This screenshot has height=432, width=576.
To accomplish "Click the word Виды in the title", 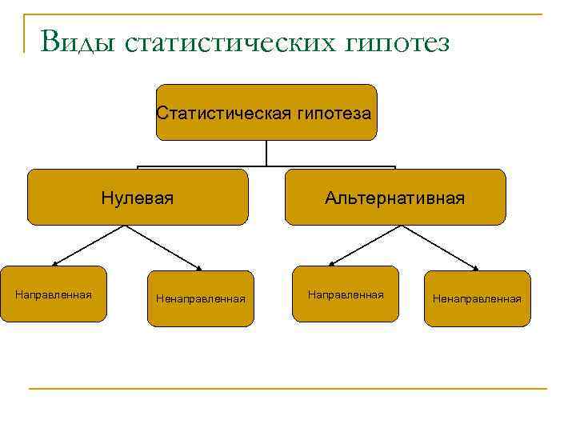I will (x=76, y=40).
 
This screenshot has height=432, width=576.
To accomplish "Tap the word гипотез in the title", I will (x=398, y=42).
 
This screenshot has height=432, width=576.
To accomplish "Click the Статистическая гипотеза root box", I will (x=266, y=113).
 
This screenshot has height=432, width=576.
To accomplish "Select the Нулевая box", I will (x=138, y=197).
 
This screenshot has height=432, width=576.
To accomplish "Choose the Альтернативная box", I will (x=395, y=197).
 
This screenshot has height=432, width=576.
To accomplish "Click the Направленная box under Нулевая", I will (x=54, y=294).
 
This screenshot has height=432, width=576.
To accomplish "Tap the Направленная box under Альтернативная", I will (x=345, y=294).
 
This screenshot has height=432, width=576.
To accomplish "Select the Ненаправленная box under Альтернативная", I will (x=477, y=298).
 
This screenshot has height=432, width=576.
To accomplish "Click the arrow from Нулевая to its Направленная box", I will (x=89, y=246).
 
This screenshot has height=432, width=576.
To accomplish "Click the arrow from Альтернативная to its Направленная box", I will (x=368, y=246).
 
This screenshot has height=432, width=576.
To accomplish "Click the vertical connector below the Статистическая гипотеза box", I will (x=266, y=154).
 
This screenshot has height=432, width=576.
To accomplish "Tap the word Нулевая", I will (x=138, y=197).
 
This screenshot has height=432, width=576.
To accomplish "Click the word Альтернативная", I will (x=395, y=197).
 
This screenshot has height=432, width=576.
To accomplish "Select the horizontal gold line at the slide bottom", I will (x=288, y=389).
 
